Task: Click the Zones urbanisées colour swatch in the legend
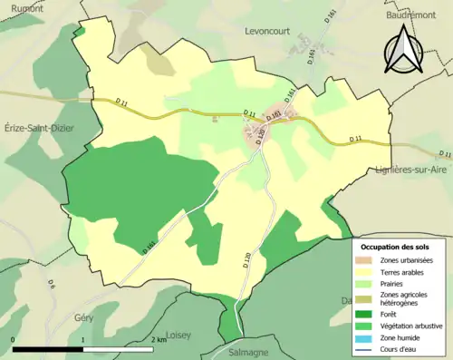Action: tap(370, 261)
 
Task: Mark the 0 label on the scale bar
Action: tap(13, 339)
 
